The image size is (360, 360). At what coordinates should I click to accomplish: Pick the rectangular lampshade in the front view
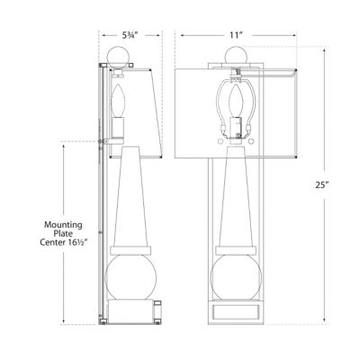[270, 103]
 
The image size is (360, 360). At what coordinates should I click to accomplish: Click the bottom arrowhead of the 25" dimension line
[325, 318]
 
